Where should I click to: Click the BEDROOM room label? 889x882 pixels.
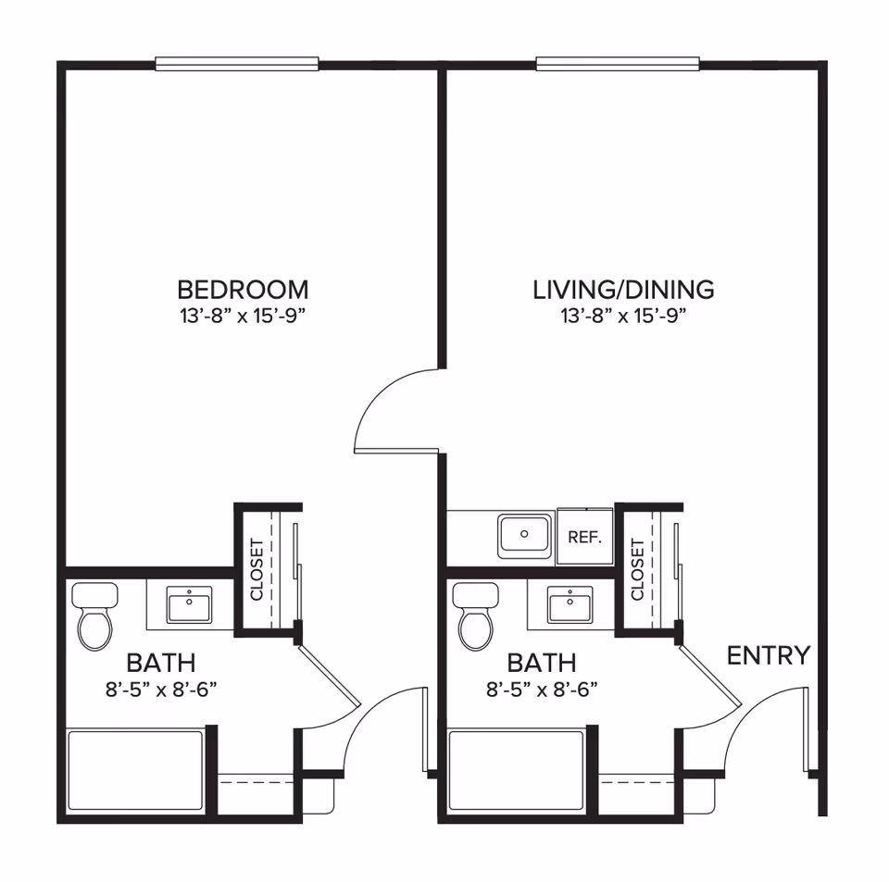coord(243,289)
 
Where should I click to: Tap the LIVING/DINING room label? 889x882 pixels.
coord(623,289)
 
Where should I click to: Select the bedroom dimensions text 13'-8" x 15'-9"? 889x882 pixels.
coord(243,316)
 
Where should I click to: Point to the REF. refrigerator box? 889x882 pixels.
coord(585,537)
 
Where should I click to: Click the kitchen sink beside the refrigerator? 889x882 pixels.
coord(525,536)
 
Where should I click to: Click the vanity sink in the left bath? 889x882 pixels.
coord(189,605)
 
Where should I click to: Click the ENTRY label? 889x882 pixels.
coord(768,656)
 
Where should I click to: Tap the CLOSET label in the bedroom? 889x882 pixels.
coord(257,569)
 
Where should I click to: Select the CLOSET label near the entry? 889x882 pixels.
coord(637,569)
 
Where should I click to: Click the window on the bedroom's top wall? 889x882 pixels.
coord(237,64)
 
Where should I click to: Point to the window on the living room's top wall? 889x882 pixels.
coord(618,64)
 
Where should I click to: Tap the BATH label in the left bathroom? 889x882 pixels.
coord(161,663)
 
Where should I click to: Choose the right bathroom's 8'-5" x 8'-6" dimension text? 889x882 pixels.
coord(542,689)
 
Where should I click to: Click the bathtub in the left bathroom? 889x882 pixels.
coord(135,771)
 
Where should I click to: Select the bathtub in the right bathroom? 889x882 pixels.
coord(517,771)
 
